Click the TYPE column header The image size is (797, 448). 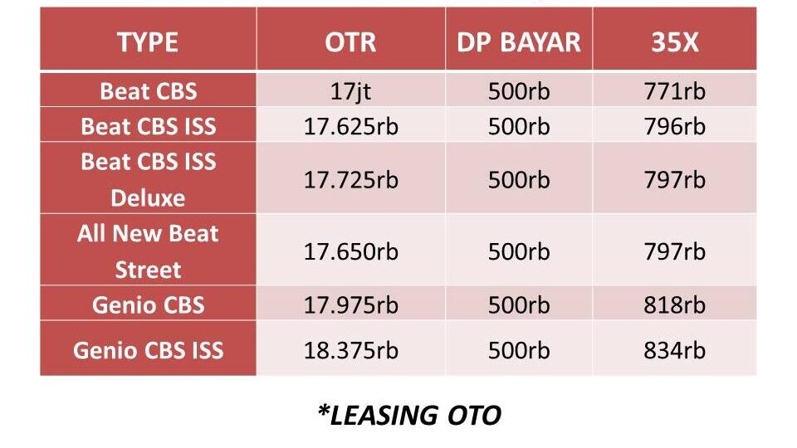(x=148, y=41)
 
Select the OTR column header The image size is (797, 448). (x=350, y=41)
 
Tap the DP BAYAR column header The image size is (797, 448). (x=518, y=41)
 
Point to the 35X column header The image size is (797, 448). (x=674, y=41)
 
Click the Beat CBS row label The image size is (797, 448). (x=148, y=91)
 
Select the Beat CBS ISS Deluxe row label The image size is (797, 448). (x=148, y=180)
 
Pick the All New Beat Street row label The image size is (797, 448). (x=148, y=251)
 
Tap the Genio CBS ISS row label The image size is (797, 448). (x=148, y=350)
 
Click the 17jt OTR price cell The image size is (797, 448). (x=350, y=92)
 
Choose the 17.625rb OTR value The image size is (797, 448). (x=350, y=126)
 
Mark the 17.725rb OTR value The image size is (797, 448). (x=350, y=180)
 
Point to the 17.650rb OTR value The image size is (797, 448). (x=350, y=252)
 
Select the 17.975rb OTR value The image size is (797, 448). (x=350, y=305)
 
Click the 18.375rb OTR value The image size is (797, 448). (x=350, y=350)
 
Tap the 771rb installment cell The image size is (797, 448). (x=674, y=91)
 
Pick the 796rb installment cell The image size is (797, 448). (x=674, y=126)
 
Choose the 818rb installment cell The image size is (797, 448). (x=674, y=305)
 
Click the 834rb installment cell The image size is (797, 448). (x=674, y=350)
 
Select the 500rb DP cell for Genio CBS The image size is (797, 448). (x=519, y=305)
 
